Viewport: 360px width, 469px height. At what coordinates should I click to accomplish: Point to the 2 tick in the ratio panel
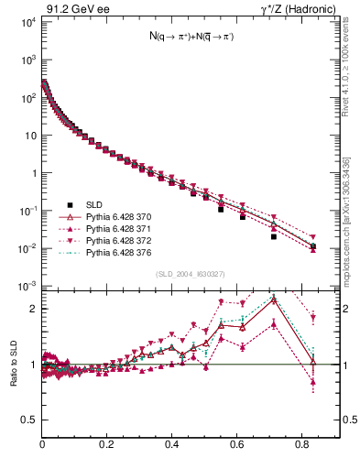(35, 309)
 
